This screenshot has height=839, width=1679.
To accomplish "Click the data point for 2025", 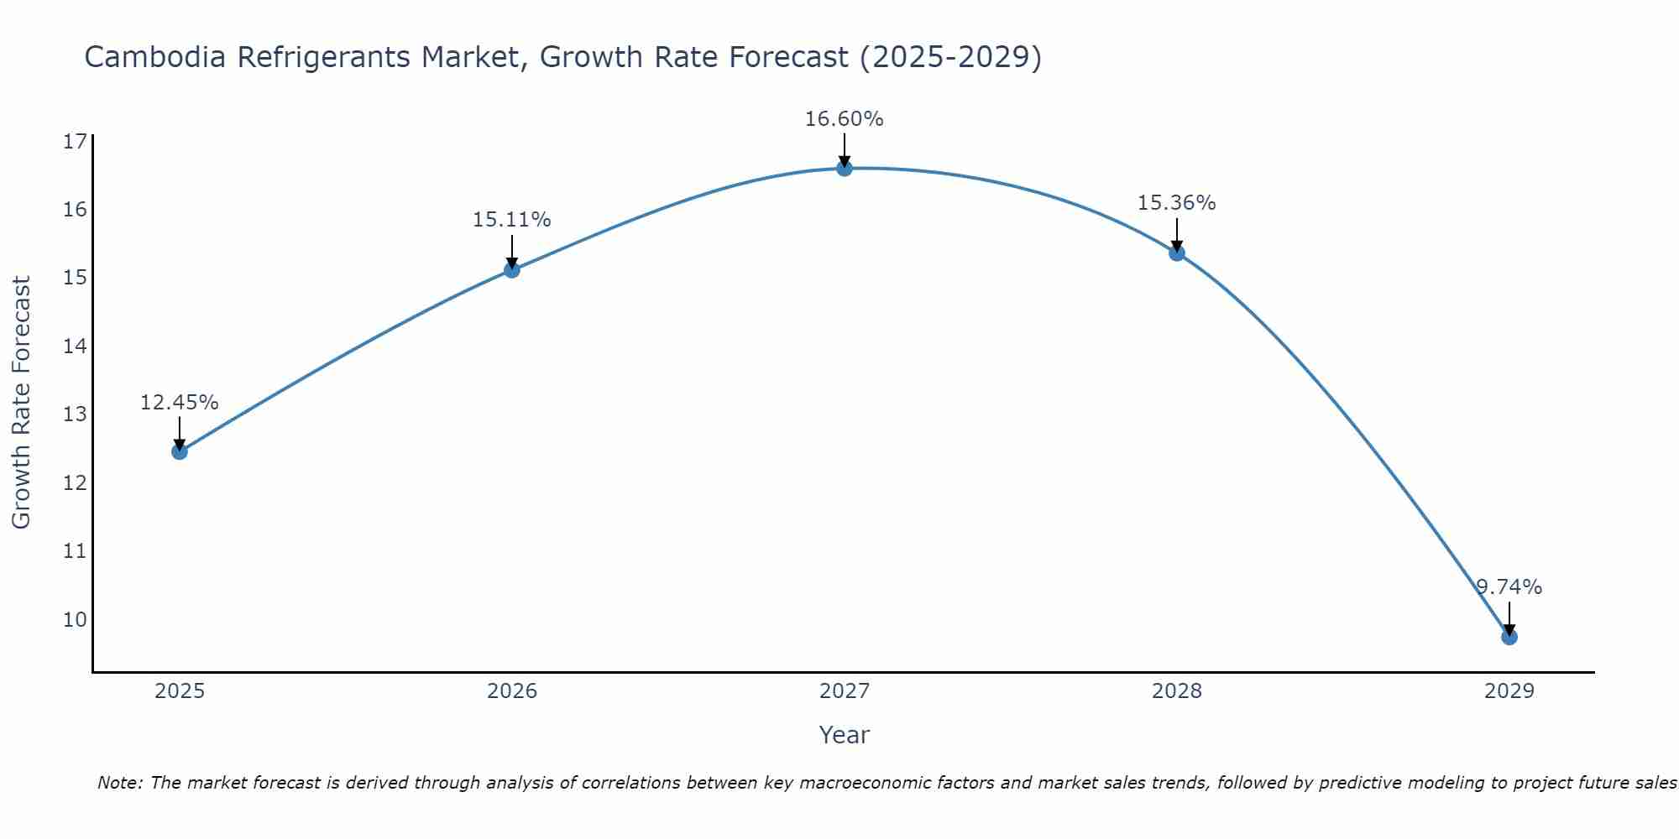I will click(x=180, y=451).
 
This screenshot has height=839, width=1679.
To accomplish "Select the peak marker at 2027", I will click(x=845, y=169).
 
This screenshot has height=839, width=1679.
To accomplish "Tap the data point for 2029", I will click(x=1509, y=637).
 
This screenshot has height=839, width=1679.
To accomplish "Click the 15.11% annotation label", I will click(x=511, y=220).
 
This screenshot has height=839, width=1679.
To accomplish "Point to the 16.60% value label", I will click(x=844, y=119).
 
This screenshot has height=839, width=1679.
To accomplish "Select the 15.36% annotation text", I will click(x=1176, y=203).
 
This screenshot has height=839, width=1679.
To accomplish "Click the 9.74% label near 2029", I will click(x=1509, y=587).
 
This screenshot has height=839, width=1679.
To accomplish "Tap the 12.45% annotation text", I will click(x=179, y=403).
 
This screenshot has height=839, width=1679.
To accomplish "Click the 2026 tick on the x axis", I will click(x=512, y=691).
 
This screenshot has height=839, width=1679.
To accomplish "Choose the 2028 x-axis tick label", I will click(x=1176, y=691).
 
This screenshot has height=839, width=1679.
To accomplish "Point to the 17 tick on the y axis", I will click(x=75, y=141).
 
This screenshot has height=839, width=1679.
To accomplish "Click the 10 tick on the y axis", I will click(x=75, y=620).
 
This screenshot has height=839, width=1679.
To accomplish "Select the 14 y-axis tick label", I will click(x=75, y=347).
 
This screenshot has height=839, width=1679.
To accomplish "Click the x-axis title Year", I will click(x=844, y=735).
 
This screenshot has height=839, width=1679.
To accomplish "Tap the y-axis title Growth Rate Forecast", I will click(x=21, y=402).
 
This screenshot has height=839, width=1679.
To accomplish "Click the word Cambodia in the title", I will click(x=155, y=57).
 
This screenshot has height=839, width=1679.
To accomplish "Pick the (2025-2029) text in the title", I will click(x=949, y=57).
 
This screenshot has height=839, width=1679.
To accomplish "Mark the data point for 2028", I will click(x=1177, y=253).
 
